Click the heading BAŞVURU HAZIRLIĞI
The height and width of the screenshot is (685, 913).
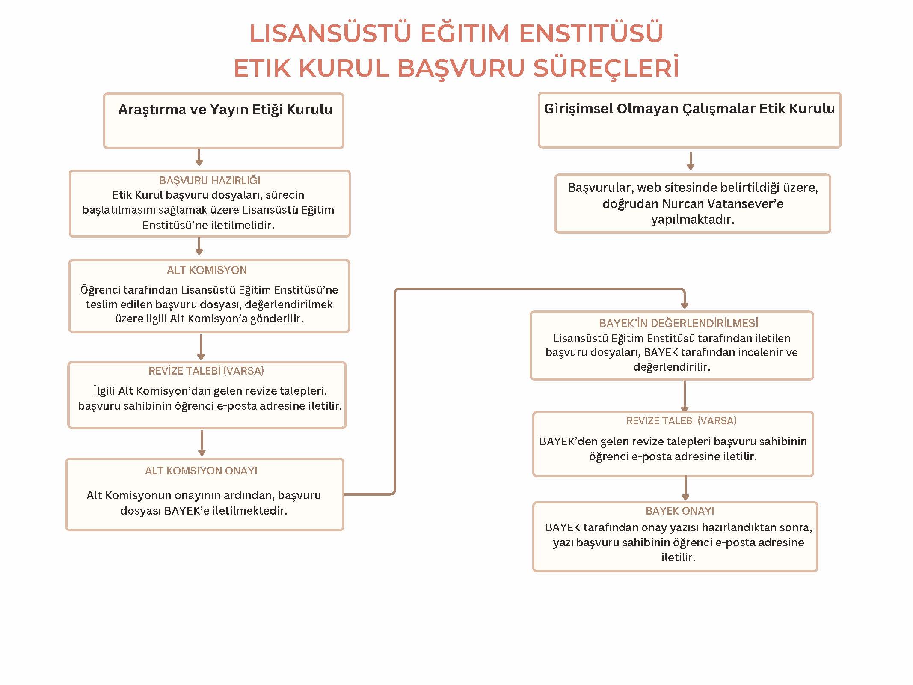(x=210, y=180)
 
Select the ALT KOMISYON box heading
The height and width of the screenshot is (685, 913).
(x=207, y=270)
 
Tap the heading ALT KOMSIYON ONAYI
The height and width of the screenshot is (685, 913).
(x=201, y=471)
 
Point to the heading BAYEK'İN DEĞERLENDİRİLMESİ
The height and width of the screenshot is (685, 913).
(x=679, y=323)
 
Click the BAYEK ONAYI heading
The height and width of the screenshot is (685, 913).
(x=680, y=511)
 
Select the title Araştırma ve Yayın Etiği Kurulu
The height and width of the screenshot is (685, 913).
(x=225, y=110)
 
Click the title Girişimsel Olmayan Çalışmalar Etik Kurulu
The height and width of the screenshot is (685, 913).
(x=689, y=109)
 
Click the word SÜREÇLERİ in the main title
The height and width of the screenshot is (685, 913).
(x=606, y=68)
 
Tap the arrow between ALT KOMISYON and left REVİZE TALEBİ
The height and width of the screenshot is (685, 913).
(x=201, y=347)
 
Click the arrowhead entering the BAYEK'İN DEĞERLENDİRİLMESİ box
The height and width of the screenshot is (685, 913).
(x=685, y=304)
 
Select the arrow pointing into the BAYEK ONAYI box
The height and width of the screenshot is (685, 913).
(x=685, y=489)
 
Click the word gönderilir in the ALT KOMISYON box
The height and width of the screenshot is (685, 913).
(x=276, y=319)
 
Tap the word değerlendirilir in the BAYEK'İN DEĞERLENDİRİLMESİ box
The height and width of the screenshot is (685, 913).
(x=672, y=367)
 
